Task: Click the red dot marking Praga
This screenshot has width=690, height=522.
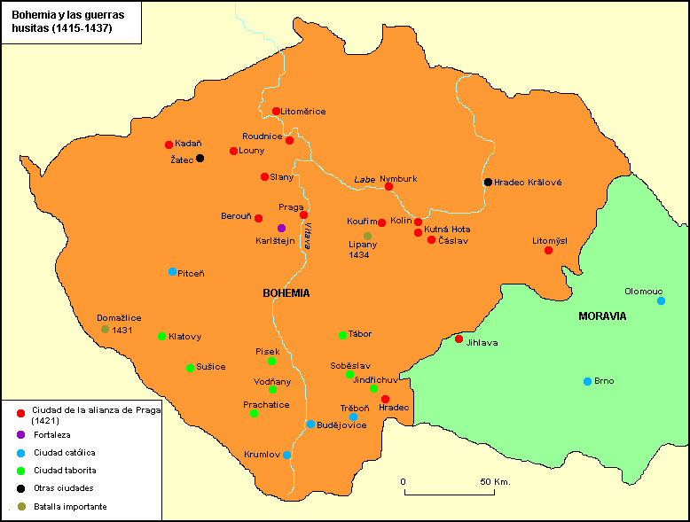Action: (x=303, y=214)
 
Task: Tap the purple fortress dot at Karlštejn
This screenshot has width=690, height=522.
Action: (x=281, y=228)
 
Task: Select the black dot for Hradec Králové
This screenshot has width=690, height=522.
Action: (x=488, y=182)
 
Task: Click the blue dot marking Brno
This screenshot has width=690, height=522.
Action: (x=587, y=381)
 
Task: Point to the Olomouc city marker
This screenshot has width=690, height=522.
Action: (x=661, y=300)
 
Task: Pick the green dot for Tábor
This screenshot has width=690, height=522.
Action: (x=342, y=335)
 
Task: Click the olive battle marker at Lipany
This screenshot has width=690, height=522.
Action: (x=367, y=236)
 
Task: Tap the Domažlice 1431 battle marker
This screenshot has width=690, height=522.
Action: (x=105, y=329)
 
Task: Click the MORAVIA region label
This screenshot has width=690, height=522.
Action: (x=602, y=316)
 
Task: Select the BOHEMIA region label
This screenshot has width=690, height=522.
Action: (x=286, y=292)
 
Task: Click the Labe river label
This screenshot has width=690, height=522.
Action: (x=364, y=179)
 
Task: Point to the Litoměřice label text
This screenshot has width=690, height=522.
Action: (x=303, y=111)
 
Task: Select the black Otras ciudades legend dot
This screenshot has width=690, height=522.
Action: (x=20, y=487)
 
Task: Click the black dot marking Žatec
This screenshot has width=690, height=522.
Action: (x=200, y=158)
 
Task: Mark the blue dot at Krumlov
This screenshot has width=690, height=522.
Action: (x=286, y=455)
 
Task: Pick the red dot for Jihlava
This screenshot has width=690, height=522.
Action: (x=459, y=339)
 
